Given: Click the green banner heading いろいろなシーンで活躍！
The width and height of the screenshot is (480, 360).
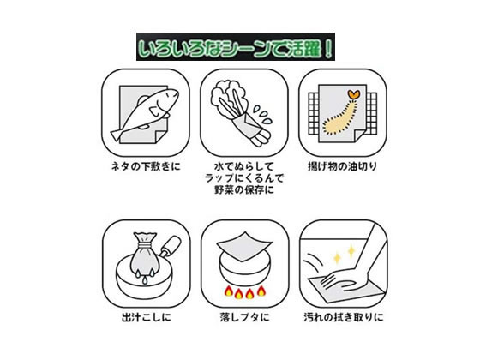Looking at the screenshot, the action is pyautogui.click(x=236, y=47).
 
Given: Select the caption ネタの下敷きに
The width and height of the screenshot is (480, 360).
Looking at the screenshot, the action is pyautogui.click(x=146, y=167).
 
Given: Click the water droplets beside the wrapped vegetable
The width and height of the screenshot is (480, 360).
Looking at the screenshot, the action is pyautogui.click(x=262, y=115).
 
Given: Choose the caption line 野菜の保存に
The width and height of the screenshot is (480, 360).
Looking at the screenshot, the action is pyautogui.click(x=244, y=190).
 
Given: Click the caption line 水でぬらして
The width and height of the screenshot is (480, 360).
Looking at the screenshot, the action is pyautogui.click(x=244, y=167).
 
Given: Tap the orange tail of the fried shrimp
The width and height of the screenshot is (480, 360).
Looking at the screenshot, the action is pyautogui.click(x=354, y=94).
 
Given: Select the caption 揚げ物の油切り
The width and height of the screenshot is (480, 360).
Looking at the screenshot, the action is pyautogui.click(x=342, y=167).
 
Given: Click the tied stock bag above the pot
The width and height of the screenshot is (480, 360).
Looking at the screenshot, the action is pyautogui.click(x=143, y=255).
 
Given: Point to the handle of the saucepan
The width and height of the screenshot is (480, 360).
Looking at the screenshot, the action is pyautogui.click(x=171, y=244).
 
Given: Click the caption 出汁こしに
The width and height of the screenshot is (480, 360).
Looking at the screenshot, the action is pyautogui.click(x=147, y=317).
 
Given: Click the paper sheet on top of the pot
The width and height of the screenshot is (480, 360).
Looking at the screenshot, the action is pyautogui.click(x=244, y=247).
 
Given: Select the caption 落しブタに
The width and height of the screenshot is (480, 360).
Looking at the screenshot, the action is pyautogui.click(x=244, y=317).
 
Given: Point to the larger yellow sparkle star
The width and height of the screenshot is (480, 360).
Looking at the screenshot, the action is pyautogui.click(x=351, y=251).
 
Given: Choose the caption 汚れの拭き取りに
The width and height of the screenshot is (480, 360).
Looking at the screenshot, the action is pyautogui.click(x=344, y=317).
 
